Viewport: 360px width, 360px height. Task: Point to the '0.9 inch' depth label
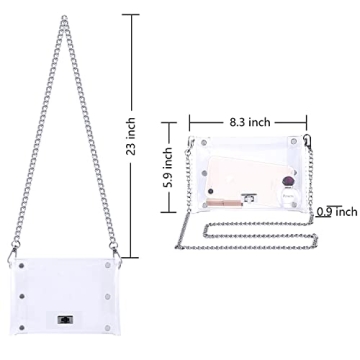(335, 212)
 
